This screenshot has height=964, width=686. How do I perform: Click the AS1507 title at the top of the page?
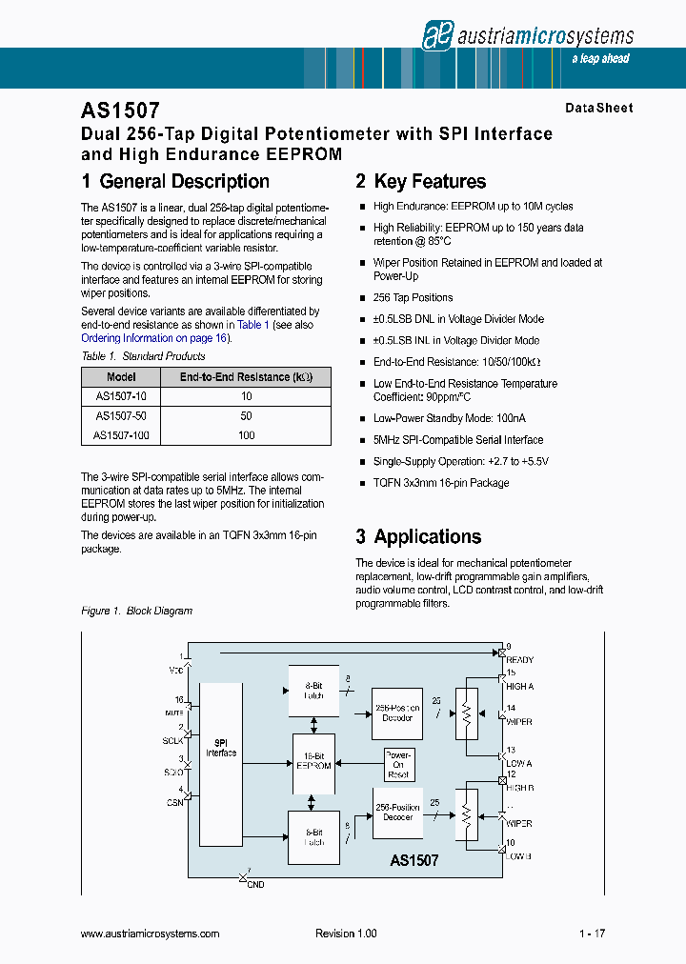click(x=121, y=111)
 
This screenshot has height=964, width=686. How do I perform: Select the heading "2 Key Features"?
click(x=420, y=182)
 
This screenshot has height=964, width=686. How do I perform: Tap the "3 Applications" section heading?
click(x=418, y=536)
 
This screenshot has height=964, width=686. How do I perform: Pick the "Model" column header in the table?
click(x=121, y=377)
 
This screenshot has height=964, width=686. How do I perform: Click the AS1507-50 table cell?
click(x=121, y=416)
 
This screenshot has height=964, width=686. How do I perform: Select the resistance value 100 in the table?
click(x=246, y=435)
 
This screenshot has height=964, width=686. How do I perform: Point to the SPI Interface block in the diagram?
click(x=221, y=748)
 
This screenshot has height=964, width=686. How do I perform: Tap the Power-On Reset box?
click(x=398, y=764)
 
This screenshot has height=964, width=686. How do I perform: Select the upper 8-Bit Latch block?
click(x=313, y=691)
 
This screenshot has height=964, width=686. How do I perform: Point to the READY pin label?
click(x=519, y=660)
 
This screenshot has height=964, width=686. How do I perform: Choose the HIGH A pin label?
click(x=519, y=687)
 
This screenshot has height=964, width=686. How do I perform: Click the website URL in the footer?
click(x=150, y=934)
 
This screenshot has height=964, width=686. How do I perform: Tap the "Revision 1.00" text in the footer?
click(x=346, y=934)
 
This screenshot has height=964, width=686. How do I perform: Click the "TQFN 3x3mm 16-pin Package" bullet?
click(x=441, y=483)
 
